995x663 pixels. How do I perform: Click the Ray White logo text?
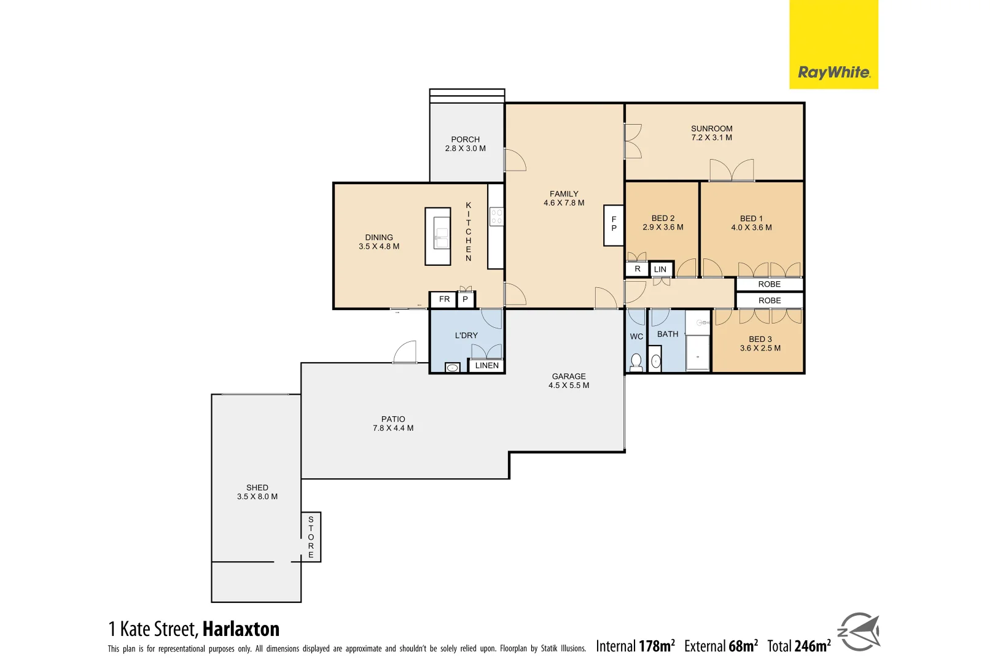833,72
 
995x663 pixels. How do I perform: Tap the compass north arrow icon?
859,632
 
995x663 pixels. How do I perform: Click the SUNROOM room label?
711,129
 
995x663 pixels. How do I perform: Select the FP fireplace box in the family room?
614,225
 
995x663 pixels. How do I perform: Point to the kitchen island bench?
438,236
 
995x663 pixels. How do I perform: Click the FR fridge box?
444,300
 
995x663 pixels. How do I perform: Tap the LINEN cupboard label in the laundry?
486,365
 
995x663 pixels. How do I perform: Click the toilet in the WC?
636,362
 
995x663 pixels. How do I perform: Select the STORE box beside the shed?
311,537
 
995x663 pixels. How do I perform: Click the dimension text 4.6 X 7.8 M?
564,203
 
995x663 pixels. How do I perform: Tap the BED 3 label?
760,339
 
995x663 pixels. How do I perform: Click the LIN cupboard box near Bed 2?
660,269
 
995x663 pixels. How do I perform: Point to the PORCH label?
465,139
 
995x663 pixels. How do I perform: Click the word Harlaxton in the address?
241,629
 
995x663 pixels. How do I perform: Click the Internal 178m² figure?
635,646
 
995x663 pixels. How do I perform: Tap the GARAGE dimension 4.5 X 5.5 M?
569,386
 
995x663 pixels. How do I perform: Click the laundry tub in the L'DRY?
453,367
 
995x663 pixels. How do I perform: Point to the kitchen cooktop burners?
496,216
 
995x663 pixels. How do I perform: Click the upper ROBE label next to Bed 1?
769,284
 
